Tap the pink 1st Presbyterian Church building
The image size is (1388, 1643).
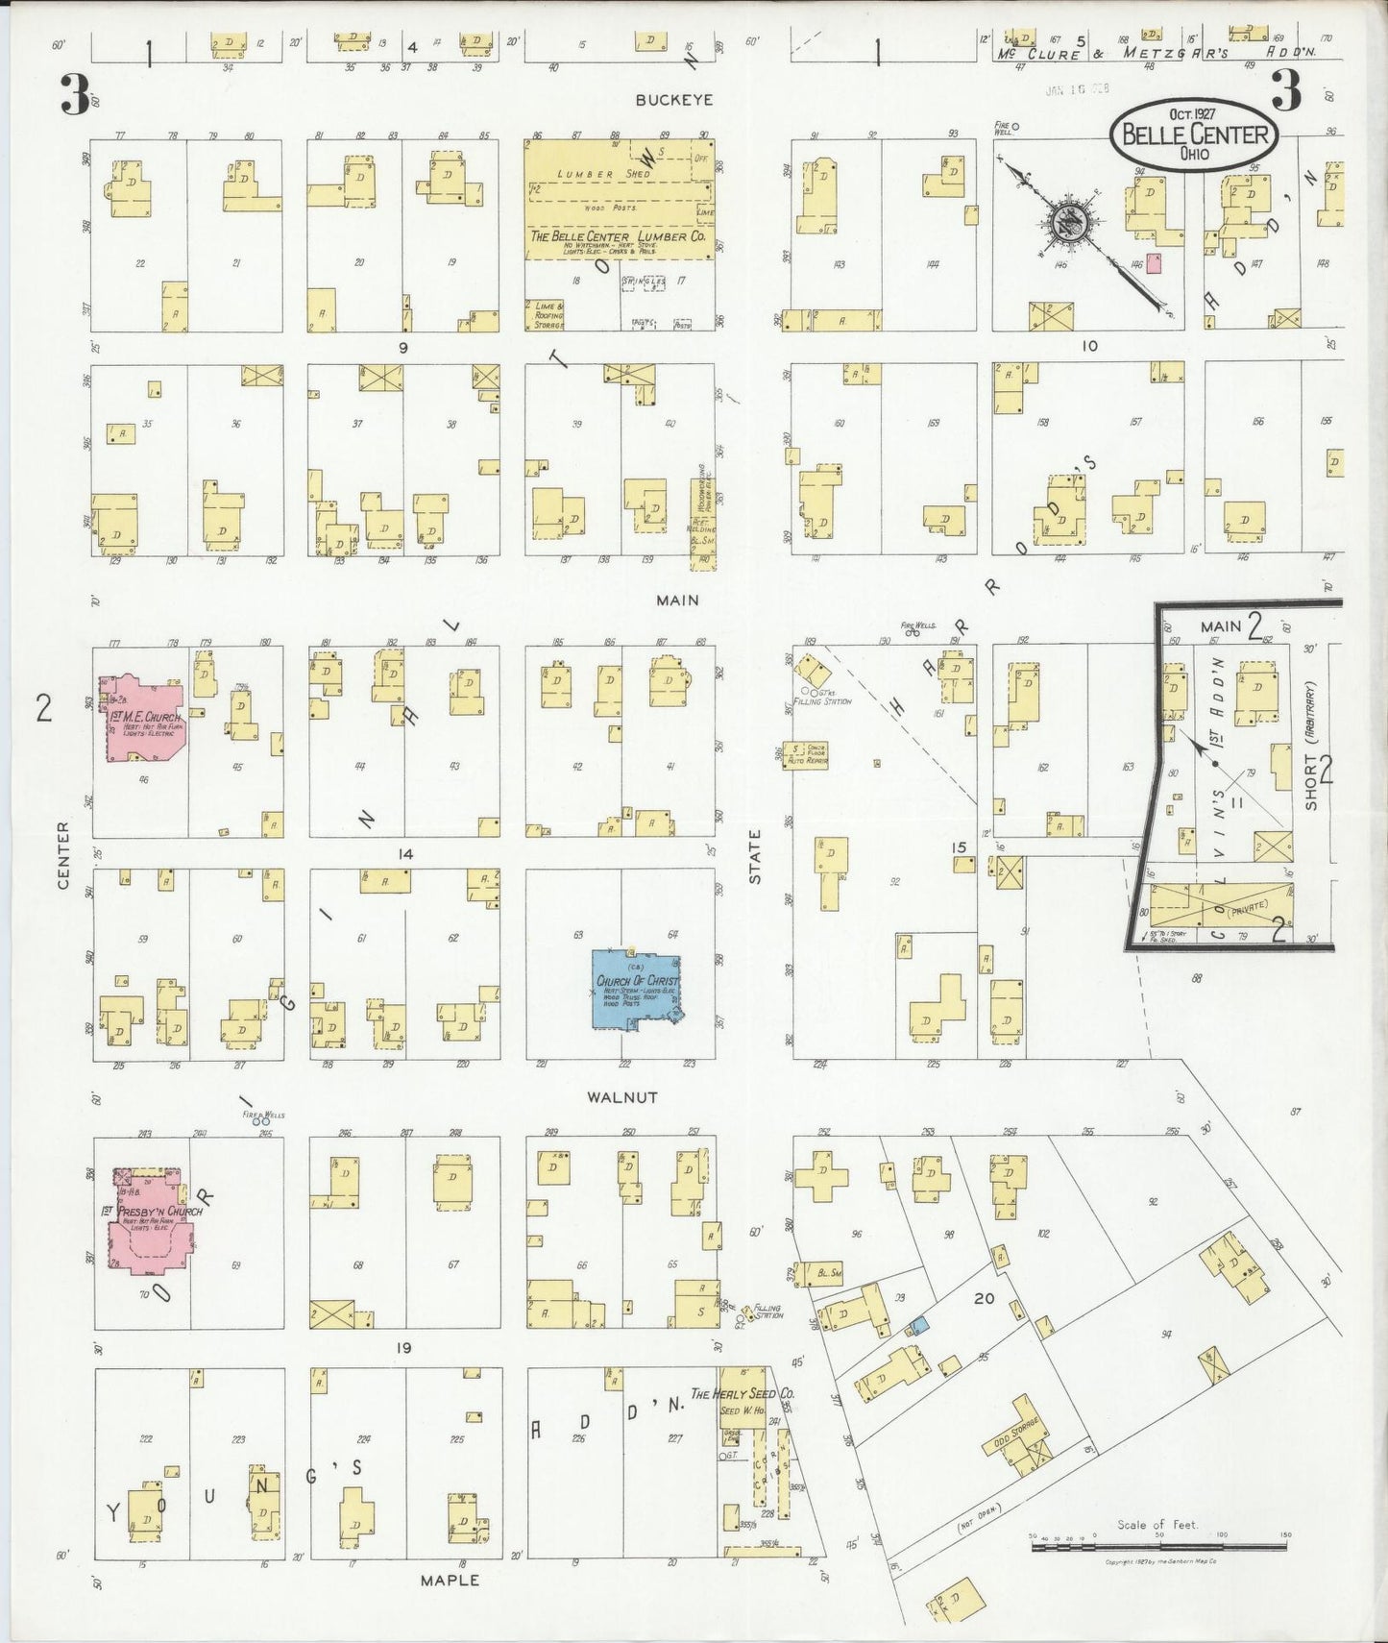point(151,1220)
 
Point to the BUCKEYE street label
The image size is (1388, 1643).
point(673,100)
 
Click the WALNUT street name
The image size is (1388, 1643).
point(622,1096)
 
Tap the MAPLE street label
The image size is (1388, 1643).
point(450,1580)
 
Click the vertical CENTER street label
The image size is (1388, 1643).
point(63,854)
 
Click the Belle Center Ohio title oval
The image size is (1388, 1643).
point(1194,135)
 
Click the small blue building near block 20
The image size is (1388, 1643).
point(919,1325)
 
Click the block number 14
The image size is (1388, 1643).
point(404,854)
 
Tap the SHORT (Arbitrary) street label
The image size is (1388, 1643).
point(1312,746)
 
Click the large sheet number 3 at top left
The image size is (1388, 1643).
point(74,93)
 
